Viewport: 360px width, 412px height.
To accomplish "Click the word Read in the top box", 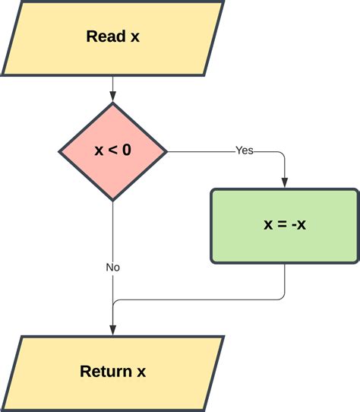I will tap(105, 36).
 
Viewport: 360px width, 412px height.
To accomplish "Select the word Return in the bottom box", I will tap(106, 372).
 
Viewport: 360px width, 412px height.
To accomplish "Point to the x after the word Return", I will tap(141, 372).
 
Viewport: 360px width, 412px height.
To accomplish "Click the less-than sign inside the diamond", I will tap(113, 151).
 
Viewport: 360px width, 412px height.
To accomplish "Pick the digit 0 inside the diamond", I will tap(127, 151).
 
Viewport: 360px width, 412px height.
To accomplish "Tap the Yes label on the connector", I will tap(244, 151).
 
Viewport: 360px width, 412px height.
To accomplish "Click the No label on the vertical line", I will tap(112, 268).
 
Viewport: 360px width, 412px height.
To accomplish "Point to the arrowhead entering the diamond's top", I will tap(112, 96).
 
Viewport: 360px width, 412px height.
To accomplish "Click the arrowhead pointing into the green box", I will tap(285, 182).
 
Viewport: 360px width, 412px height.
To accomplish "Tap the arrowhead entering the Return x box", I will tap(112, 329).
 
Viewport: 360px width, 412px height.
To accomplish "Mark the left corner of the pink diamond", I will tap(60, 151).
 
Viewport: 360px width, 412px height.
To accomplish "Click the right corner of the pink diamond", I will tap(166, 151).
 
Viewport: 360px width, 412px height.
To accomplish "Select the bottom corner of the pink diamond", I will tap(112, 200).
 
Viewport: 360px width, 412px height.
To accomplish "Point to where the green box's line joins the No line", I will tap(113, 304).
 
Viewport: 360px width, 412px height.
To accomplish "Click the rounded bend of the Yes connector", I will tap(283, 154).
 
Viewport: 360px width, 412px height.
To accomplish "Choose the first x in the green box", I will tap(268, 225).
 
